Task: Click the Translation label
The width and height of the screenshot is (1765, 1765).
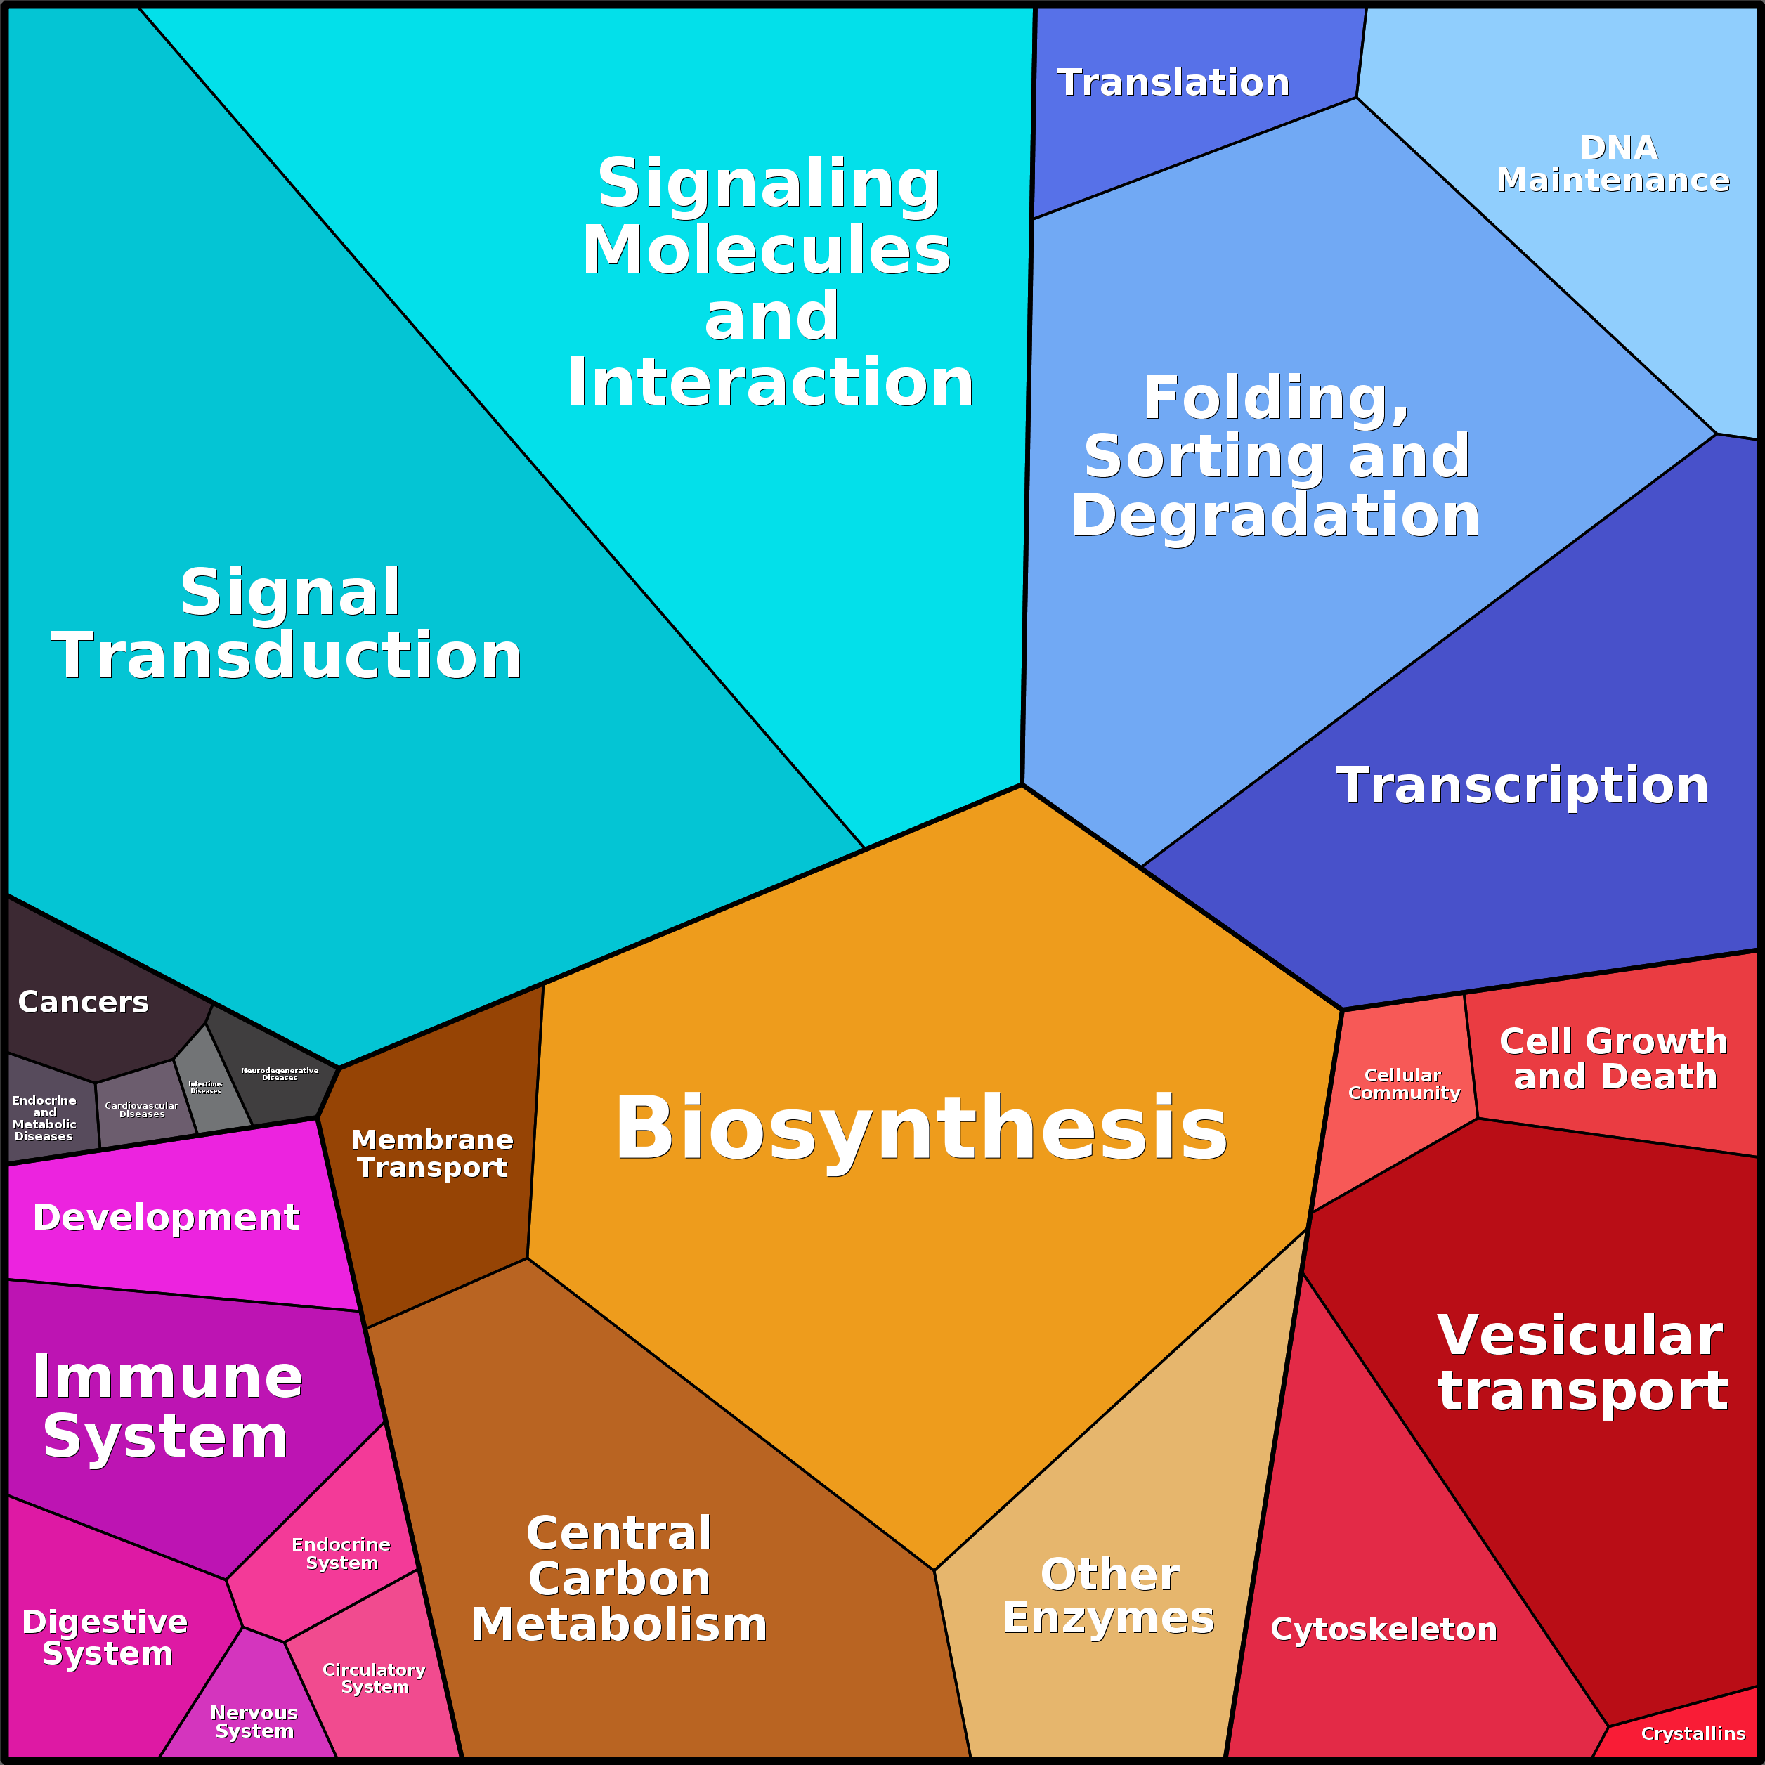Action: [1172, 83]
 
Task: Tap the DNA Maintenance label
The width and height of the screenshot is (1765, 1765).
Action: [1613, 164]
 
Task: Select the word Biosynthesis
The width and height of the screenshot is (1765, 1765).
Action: [921, 1128]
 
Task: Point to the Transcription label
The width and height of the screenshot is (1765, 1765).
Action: [1522, 786]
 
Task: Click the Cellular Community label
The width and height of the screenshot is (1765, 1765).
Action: [1403, 1084]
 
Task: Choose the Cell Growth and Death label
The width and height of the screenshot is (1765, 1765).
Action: [1614, 1059]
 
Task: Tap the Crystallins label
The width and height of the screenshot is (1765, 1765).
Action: [1693, 1734]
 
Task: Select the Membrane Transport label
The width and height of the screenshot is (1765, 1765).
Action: [432, 1154]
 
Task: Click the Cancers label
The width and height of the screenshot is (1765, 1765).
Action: [83, 1002]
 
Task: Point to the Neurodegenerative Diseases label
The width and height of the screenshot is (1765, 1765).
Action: [280, 1074]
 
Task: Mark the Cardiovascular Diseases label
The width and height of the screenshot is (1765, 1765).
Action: [142, 1110]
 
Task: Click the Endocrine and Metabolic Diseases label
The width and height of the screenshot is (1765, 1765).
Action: [44, 1118]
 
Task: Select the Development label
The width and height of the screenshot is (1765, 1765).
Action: [167, 1218]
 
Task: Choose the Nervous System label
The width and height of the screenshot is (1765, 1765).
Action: [254, 1722]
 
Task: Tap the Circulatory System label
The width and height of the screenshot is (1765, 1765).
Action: [374, 1678]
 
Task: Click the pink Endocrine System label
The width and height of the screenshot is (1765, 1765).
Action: [341, 1554]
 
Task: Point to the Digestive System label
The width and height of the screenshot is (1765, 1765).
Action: [106, 1638]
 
